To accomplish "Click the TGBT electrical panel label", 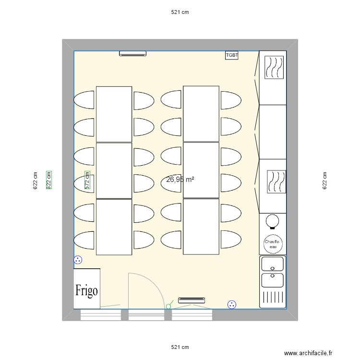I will pos(232,55).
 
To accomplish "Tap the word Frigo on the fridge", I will pos(86,290).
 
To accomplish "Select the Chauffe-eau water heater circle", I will pos(273,245).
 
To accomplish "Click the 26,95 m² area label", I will pos(180,180).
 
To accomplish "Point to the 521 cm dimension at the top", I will pos(180,12).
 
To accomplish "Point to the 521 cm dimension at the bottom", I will pos(180,347).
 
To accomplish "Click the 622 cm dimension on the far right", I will pos(325,180).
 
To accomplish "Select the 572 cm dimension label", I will pos(87,182).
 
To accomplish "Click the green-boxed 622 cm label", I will pos(48,180).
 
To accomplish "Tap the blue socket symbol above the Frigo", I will pos(78,260).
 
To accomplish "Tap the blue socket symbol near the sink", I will pos(232,304).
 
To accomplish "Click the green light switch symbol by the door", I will pos(168,305).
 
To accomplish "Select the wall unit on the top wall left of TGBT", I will pos(132,54).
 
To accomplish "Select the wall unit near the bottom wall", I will pos(191,300).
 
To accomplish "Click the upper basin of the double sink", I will pos(273,264).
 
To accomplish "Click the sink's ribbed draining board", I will pos(273,297).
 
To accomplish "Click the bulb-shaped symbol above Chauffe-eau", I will pos(273,220).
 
